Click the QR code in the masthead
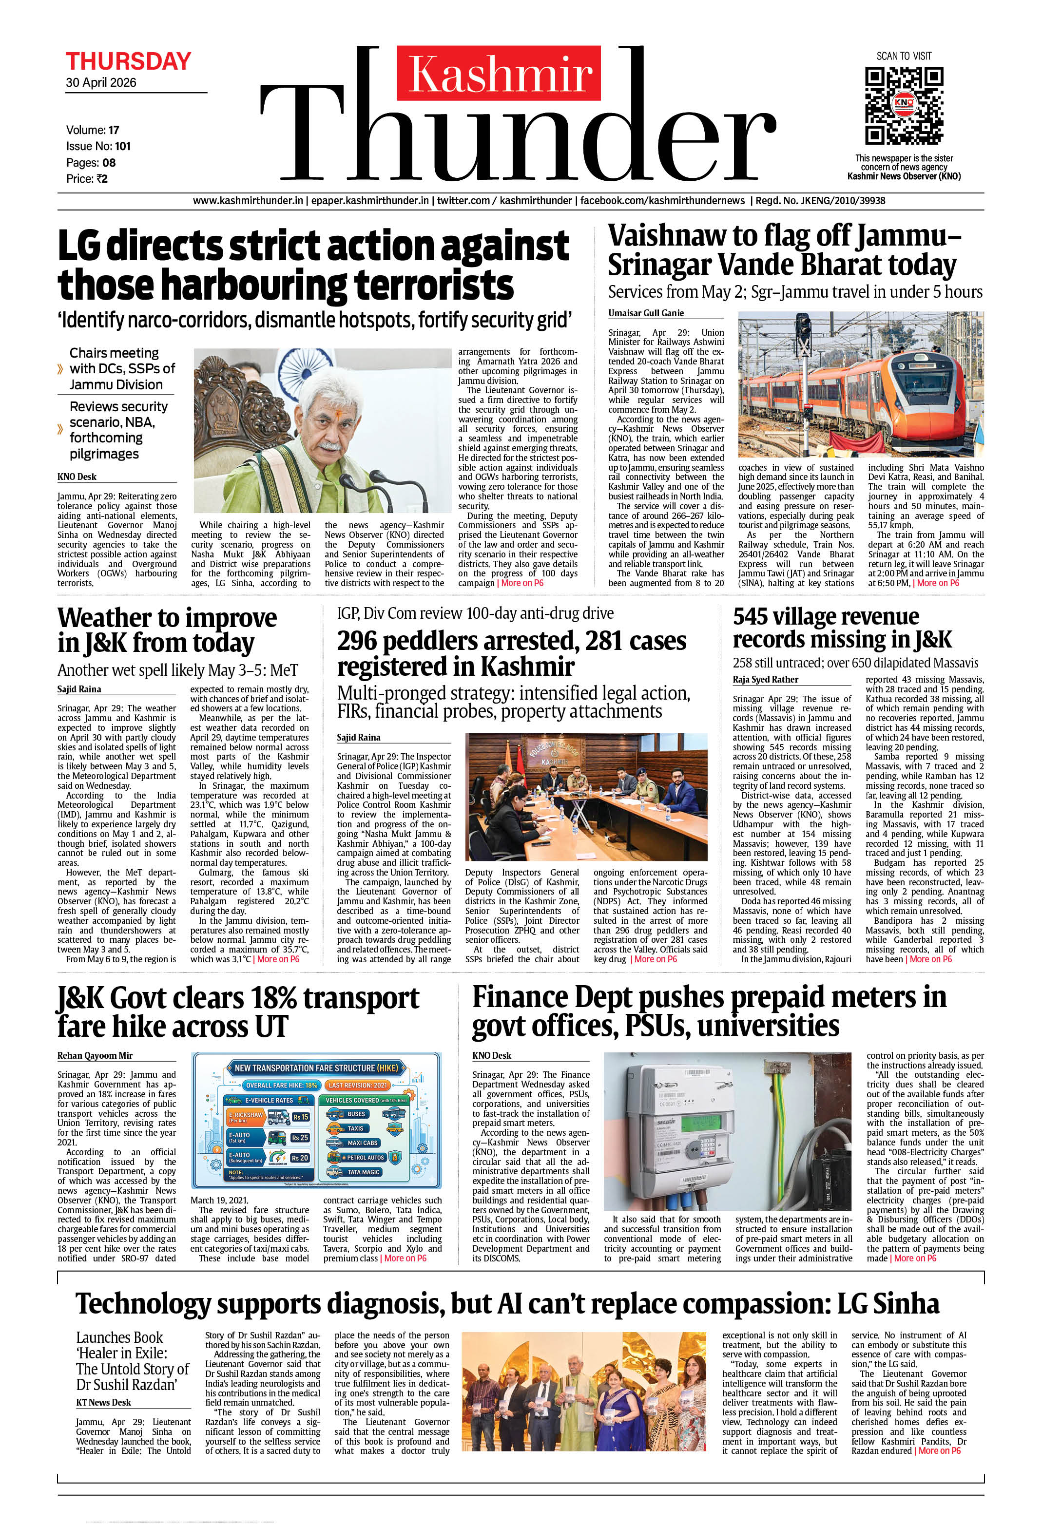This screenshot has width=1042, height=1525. coord(904,106)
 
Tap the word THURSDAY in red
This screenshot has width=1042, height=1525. coord(128,62)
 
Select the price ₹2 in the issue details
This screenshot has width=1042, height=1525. coord(100,178)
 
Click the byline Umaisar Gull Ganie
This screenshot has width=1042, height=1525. coord(645,313)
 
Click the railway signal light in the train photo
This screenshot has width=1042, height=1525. coord(802,328)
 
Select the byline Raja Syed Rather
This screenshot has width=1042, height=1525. coord(766,679)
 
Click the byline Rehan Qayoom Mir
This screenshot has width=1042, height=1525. coord(95,1055)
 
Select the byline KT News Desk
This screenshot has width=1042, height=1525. coord(103,1402)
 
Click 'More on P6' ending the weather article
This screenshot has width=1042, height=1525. coord(278,959)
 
